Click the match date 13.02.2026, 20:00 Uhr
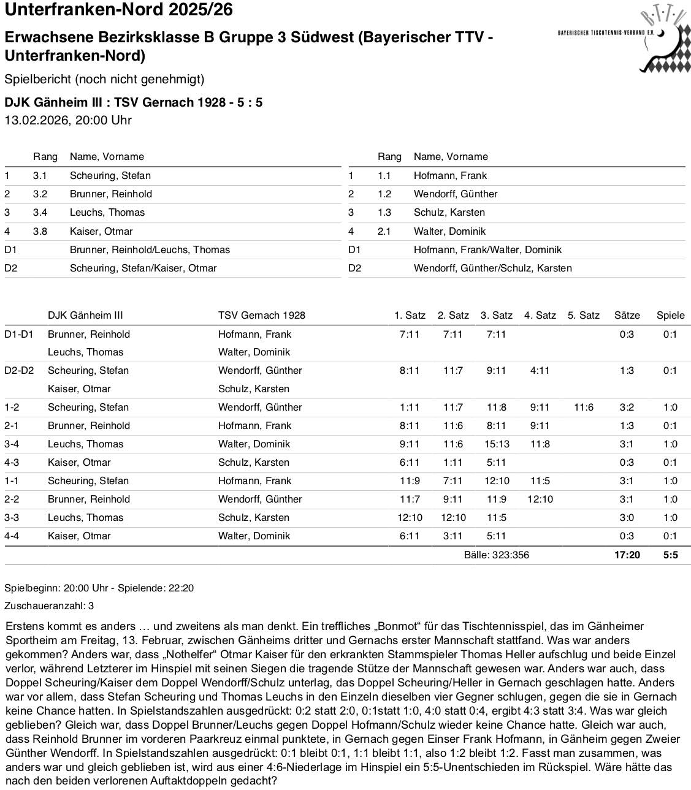(68, 120)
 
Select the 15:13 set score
(496, 444)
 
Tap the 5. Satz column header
(583, 315)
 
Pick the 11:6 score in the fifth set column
(583, 407)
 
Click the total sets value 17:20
(627, 555)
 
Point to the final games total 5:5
(670, 555)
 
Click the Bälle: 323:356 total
(496, 555)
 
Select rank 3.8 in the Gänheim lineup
(40, 231)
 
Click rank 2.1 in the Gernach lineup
(384, 231)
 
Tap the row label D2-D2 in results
(19, 370)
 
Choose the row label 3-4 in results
(12, 444)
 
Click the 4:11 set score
(540, 370)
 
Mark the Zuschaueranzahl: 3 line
(49, 606)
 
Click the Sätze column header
(627, 315)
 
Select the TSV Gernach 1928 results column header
(261, 315)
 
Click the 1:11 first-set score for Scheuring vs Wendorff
(410, 407)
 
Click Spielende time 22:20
(181, 588)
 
